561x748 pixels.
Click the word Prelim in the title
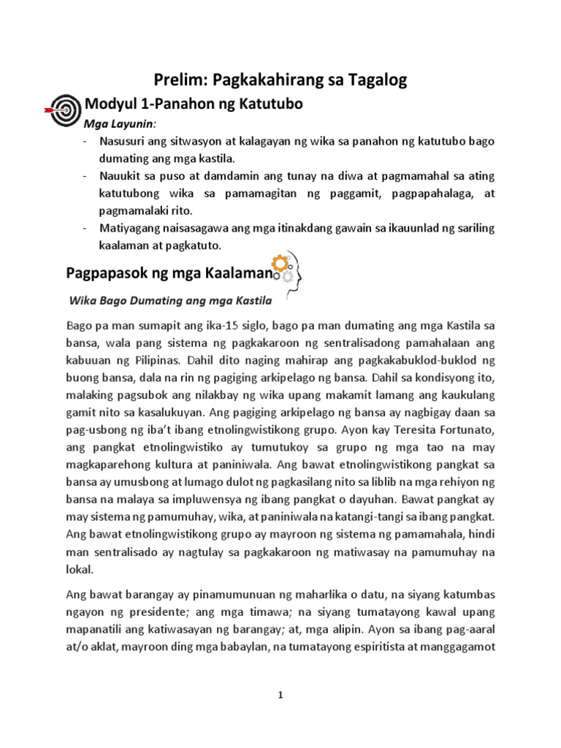(177, 81)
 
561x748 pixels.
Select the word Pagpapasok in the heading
(107, 274)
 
